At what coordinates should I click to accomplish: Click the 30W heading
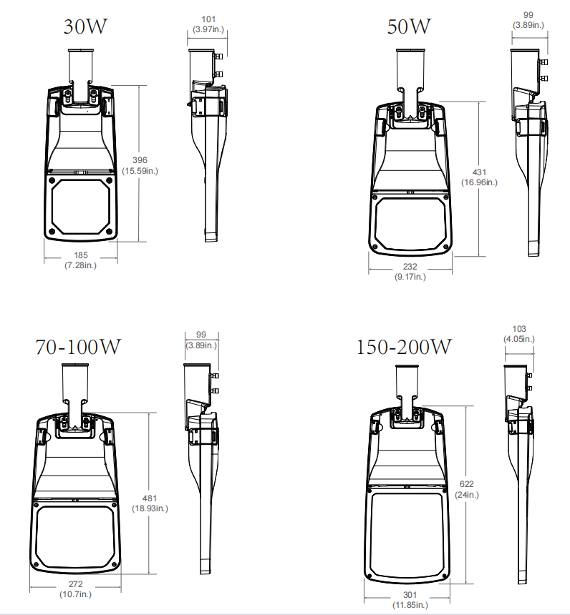coord(85,26)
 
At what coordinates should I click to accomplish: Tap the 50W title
coord(409,26)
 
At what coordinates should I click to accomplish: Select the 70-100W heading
coord(78,347)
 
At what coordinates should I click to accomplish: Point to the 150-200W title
coord(404,347)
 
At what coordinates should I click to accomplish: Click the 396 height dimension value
coord(140,160)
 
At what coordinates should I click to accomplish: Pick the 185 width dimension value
coord(81,255)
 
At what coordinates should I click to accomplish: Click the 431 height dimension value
coord(479,172)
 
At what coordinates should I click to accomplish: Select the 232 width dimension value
coord(410,267)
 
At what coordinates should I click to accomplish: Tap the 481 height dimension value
coord(150,498)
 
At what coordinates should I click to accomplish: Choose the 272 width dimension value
coord(75,584)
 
